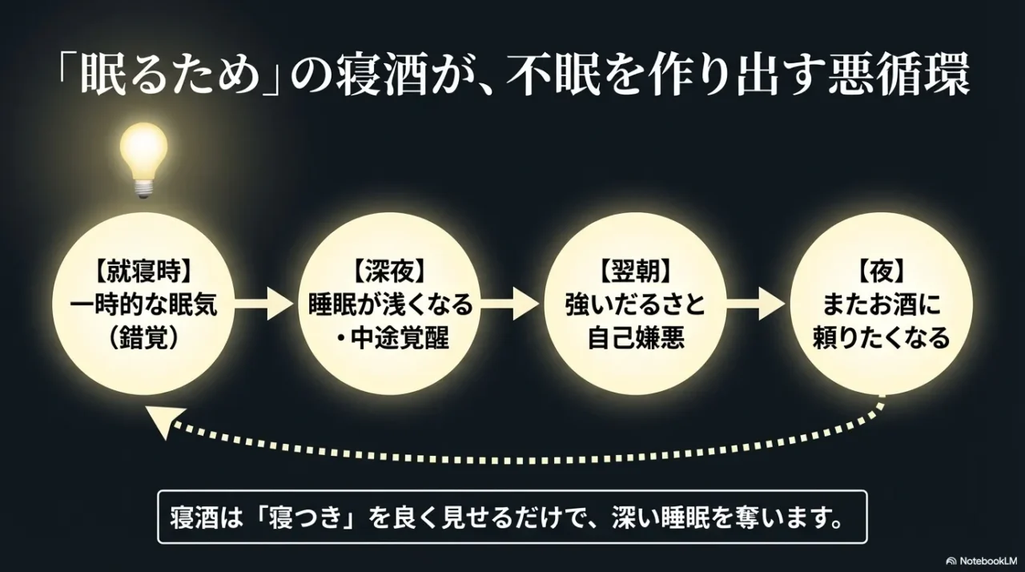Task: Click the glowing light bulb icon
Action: pos(143,159)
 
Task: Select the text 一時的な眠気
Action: pos(143,306)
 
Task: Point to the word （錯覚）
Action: pos(143,339)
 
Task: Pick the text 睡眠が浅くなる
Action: pos(390,306)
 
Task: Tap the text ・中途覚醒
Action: pos(390,339)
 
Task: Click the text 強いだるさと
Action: pos(636,306)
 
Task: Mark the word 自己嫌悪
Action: pos(636,339)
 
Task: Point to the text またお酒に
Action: pos(882,306)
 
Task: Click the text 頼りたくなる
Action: pos(882,339)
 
